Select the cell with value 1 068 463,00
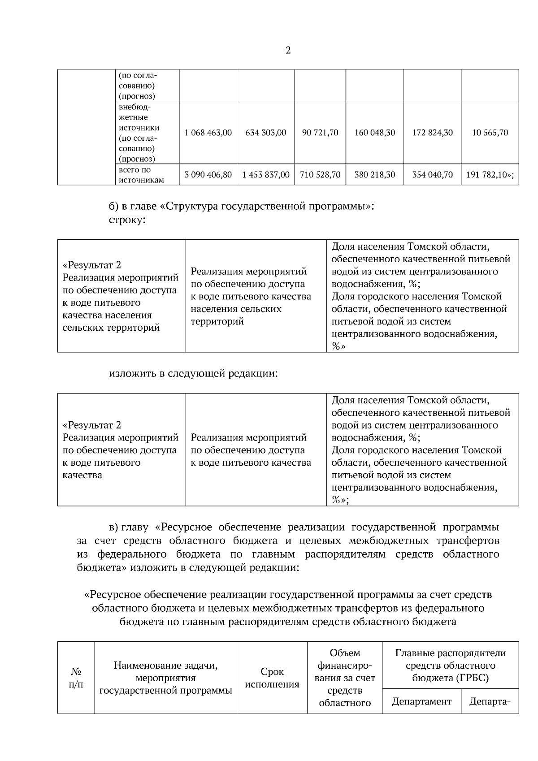coord(208,133)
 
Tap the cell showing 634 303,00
coord(266,133)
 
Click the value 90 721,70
coord(320,133)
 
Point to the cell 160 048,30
coord(375,133)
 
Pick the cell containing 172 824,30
coord(432,133)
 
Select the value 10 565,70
coord(490,133)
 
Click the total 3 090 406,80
coord(208,174)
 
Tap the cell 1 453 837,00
coord(266,174)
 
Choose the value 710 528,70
coord(320,174)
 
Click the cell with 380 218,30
coord(375,174)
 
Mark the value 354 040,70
coord(432,174)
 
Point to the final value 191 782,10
coord(489,174)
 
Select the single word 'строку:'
coord(127,221)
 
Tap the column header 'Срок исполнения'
coord(272,678)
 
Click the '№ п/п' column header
coord(76,678)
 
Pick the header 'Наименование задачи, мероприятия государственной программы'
coord(165,678)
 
